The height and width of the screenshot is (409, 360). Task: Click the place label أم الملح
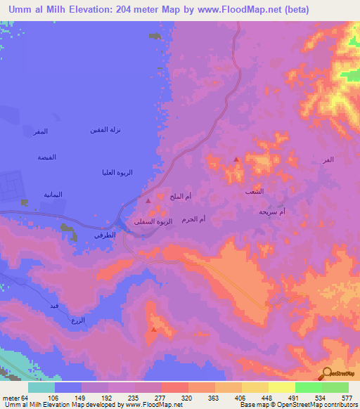[x=181, y=197]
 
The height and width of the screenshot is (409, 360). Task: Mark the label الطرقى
[x=105, y=237]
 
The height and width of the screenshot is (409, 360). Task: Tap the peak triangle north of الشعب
[x=236, y=160]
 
